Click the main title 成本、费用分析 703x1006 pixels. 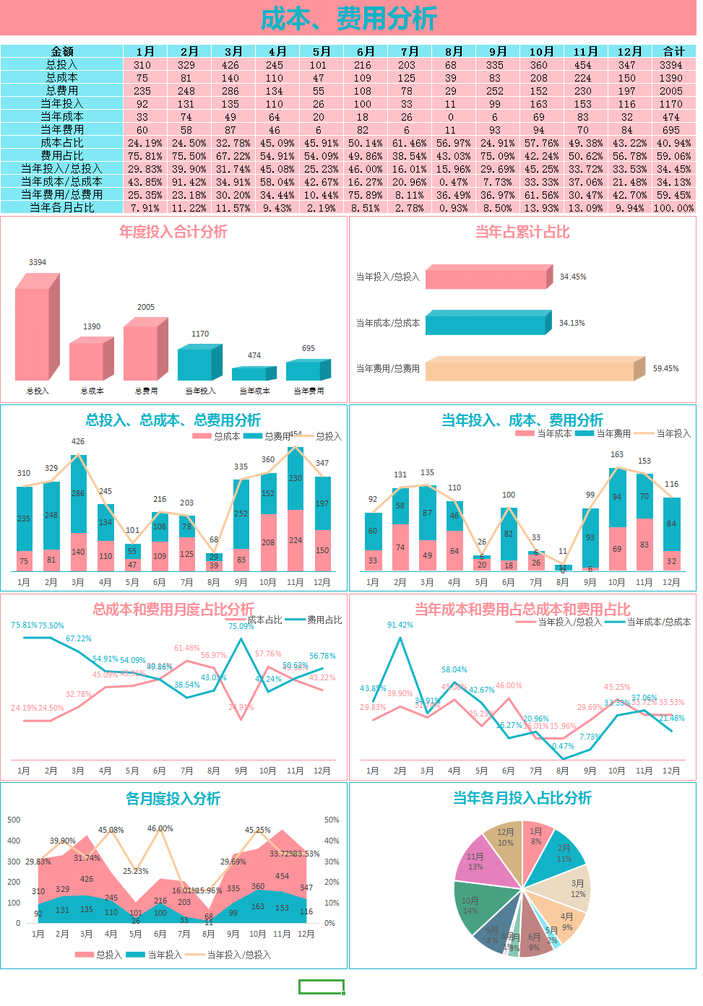tap(348, 18)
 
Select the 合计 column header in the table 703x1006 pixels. tap(673, 51)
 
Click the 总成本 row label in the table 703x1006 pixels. tap(62, 77)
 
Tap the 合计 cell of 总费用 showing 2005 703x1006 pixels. tap(670, 90)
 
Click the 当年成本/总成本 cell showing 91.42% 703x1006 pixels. tap(189, 181)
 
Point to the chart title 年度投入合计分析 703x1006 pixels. tap(173, 232)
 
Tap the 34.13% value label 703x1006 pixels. tap(572, 323)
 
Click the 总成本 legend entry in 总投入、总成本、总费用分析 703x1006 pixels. tap(217, 436)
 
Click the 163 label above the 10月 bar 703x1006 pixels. tap(617, 454)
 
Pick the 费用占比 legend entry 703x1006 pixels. tap(316, 620)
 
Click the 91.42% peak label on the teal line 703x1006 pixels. tap(400, 625)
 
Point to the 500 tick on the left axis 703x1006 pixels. tap(14, 820)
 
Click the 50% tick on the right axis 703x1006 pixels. tap(332, 820)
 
